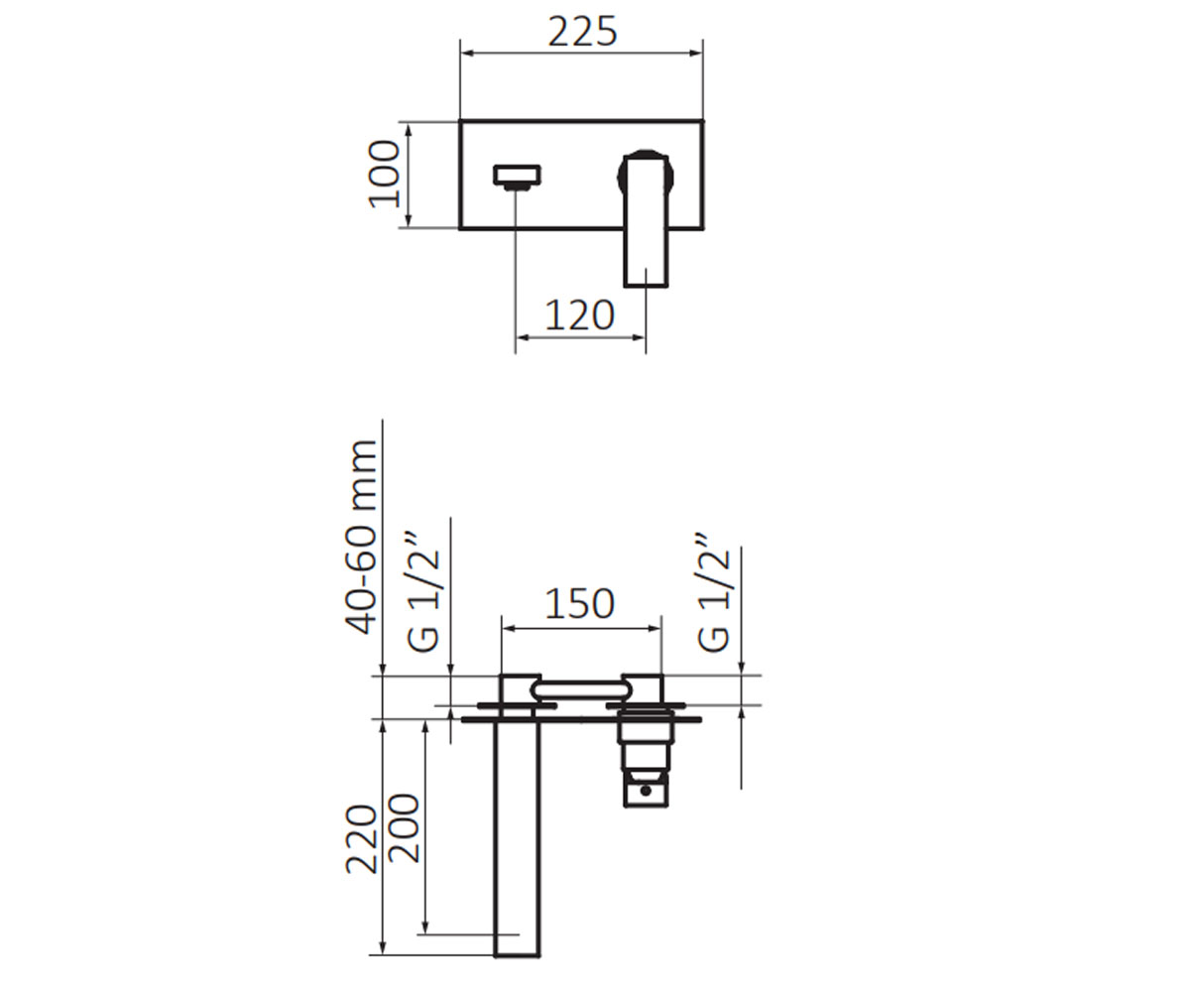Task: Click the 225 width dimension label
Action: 582,32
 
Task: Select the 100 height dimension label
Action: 385,175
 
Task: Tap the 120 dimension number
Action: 579,315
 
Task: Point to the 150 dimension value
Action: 579,604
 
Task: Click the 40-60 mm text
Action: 361,538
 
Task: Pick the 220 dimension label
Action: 361,838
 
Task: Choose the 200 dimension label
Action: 403,827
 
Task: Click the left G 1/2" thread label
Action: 423,593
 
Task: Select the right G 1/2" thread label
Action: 713,593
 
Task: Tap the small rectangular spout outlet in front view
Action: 517,176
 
